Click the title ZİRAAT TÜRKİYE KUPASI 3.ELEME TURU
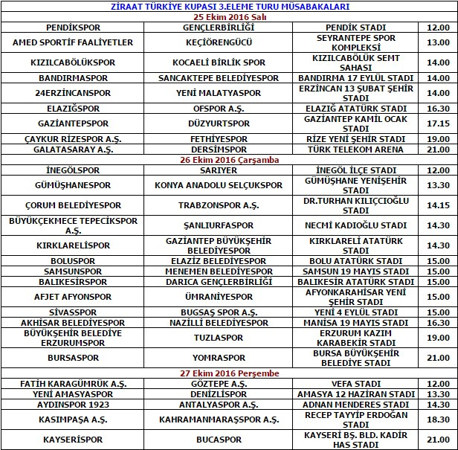tap(228, 6)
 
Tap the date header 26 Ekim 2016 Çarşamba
tap(228, 159)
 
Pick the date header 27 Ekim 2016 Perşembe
tap(228, 372)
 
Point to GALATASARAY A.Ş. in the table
tap(73, 149)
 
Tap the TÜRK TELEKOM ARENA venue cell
tap(355, 149)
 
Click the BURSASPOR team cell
tap(73, 358)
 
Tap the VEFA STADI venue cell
tap(355, 383)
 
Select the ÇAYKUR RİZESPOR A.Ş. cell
tap(73, 138)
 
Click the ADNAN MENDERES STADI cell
tap(355, 405)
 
